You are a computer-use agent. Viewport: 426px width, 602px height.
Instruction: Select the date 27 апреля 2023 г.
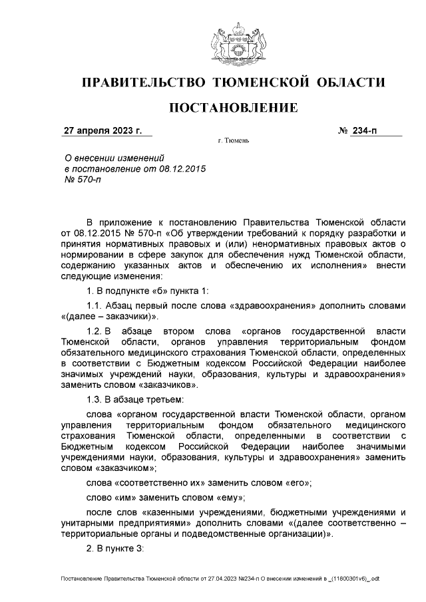coord(103,130)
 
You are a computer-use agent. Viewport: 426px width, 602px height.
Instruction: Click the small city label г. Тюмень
coord(233,141)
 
